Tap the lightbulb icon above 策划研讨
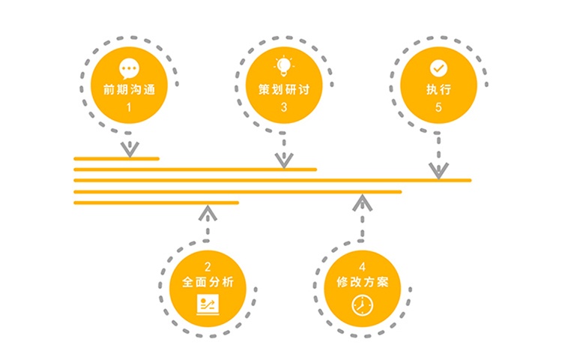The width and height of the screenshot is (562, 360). pos(283,65)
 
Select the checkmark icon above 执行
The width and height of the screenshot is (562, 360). pos(438,67)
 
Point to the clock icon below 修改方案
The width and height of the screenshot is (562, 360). pos(362,304)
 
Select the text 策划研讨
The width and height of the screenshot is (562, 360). pos(283,88)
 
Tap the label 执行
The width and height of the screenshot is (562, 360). pos(438,88)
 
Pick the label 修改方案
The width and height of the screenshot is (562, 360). pos(363,283)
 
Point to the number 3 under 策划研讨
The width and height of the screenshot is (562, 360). pos(283,107)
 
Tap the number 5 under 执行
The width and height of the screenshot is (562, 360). pos(438,107)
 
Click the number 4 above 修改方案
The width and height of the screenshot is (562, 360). pos(363,265)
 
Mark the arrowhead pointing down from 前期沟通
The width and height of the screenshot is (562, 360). pos(130,149)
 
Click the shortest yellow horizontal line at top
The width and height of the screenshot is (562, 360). pos(116,158)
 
